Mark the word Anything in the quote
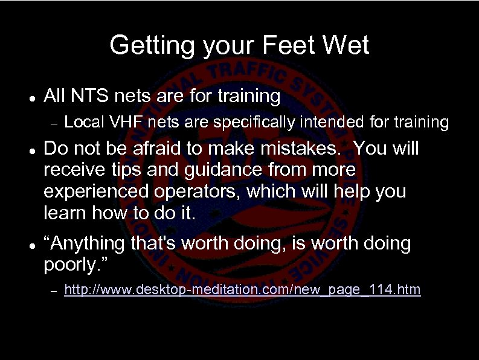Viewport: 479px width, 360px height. (89, 244)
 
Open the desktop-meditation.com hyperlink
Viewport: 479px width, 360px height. (242, 291)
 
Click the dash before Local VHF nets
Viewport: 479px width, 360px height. (53, 124)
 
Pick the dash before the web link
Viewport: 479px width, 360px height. (53, 291)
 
